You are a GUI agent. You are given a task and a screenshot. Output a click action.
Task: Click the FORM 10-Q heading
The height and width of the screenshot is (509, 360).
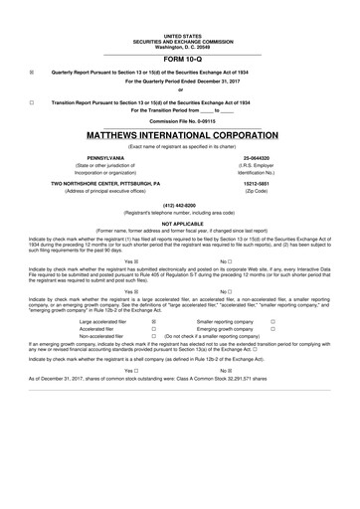pyautogui.click(x=179, y=60)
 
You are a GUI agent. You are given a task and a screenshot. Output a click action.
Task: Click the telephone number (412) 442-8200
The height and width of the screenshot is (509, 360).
pyautogui.click(x=179, y=205)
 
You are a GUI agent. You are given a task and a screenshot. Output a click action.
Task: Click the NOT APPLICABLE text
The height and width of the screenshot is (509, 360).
pyautogui.click(x=179, y=224)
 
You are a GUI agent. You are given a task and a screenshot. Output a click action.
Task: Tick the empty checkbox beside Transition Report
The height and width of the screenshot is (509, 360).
pyautogui.click(x=32, y=102)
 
